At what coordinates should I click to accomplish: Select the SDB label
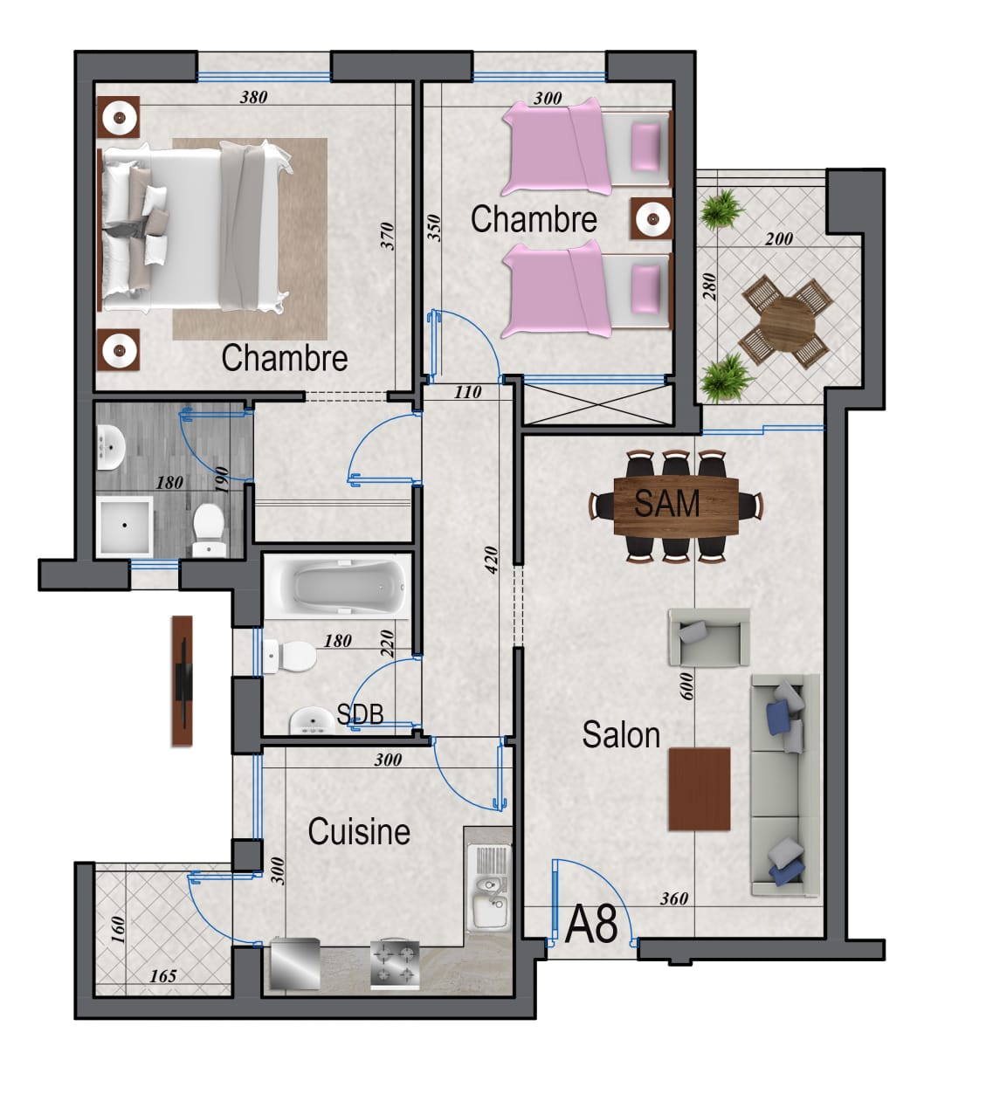pyautogui.click(x=360, y=713)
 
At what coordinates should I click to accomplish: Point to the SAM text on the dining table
pyautogui.click(x=667, y=503)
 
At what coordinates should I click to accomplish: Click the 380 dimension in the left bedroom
pyautogui.click(x=254, y=97)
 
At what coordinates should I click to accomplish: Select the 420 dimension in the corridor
pyautogui.click(x=491, y=560)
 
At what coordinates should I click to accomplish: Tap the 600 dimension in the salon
pyautogui.click(x=686, y=686)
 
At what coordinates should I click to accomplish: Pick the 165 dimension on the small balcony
pyautogui.click(x=163, y=975)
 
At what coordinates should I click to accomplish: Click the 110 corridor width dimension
pyautogui.click(x=468, y=391)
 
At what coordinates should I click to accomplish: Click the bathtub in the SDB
pyautogui.click(x=337, y=587)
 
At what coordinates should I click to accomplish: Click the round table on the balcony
pyautogui.click(x=787, y=322)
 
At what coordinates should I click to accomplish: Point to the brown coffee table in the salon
pyautogui.click(x=700, y=789)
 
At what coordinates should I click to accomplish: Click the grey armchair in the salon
pyautogui.click(x=709, y=637)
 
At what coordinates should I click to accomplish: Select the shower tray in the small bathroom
pyautogui.click(x=125, y=526)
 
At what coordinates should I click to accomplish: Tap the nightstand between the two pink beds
pyautogui.click(x=651, y=219)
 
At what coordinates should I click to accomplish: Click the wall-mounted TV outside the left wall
pyautogui.click(x=183, y=681)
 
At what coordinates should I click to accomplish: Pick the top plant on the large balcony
pyautogui.click(x=722, y=210)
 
